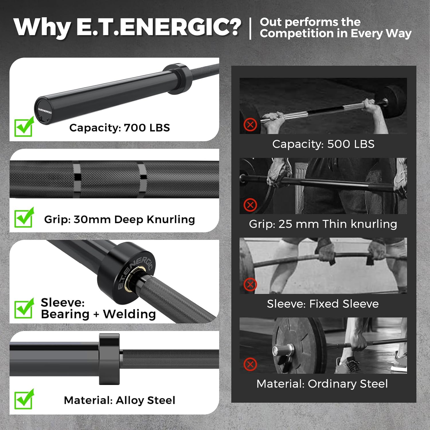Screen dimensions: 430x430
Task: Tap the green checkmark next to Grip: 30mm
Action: click(24, 218)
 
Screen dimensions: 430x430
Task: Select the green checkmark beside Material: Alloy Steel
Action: click(24, 399)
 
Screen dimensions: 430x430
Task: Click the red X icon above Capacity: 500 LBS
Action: click(250, 125)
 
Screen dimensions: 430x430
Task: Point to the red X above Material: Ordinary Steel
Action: click(250, 364)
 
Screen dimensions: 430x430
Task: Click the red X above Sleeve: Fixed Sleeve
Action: click(250, 285)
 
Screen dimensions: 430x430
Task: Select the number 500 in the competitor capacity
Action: click(339, 144)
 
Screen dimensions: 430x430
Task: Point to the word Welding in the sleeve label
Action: click(129, 314)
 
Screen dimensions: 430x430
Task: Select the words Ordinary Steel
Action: click(347, 384)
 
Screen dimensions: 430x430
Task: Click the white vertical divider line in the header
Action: click(251, 28)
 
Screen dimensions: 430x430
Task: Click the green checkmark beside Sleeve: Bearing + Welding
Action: click(24, 309)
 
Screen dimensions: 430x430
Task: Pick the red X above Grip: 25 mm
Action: click(250, 205)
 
